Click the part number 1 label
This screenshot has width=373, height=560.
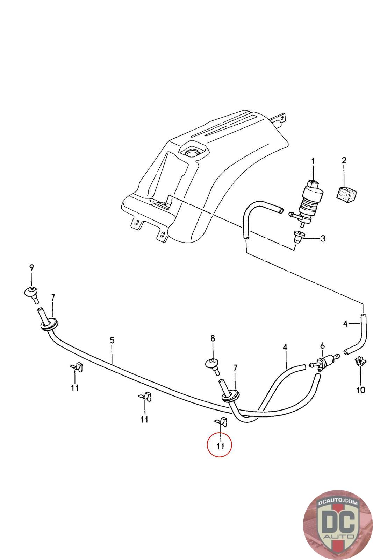coord(313,161)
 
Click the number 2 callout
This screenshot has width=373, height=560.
coord(344,161)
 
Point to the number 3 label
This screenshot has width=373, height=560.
coord(323,239)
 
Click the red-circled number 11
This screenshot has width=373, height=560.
coord(220,446)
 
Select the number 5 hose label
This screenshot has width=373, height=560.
coord(112,340)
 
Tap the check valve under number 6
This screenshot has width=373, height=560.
coord(325,362)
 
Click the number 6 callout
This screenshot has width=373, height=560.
coord(323,345)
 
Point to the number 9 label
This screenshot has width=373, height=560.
coord(31,268)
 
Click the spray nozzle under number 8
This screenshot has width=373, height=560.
coord(212,365)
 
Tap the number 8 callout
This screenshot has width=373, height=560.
coord(213,338)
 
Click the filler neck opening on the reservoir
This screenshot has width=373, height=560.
coord(191,153)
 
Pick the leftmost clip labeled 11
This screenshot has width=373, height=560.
coord(77,367)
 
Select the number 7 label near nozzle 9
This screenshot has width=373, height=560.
coord(53,297)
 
